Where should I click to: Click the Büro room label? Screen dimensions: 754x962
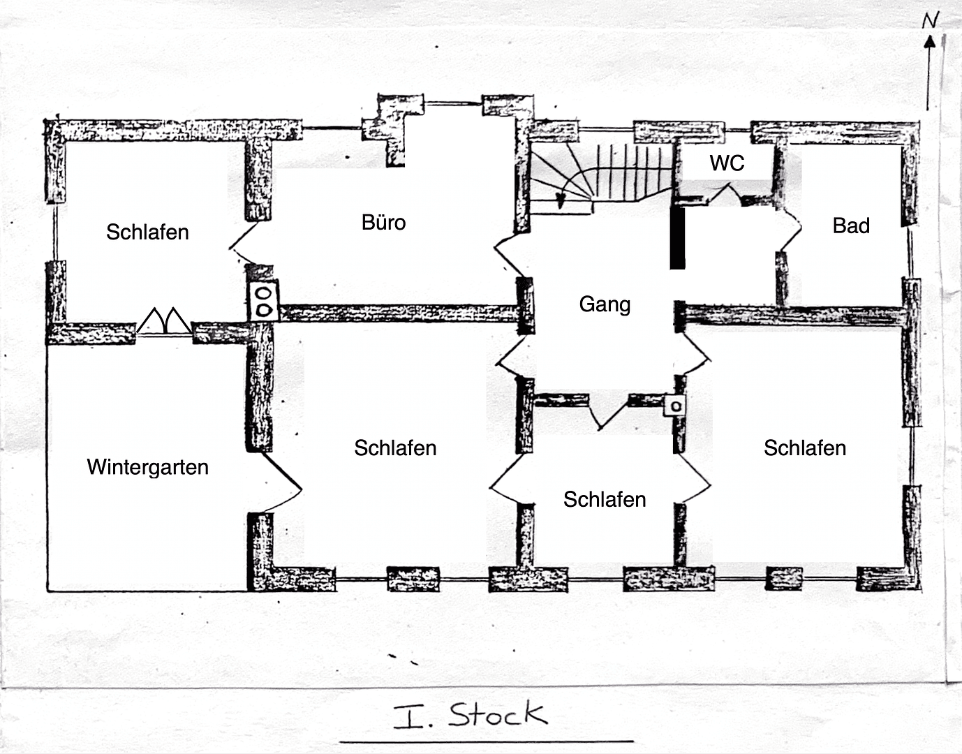click(383, 223)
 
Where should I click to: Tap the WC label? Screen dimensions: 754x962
click(727, 163)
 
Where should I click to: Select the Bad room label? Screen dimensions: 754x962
click(851, 226)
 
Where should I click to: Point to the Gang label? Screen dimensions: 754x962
click(605, 304)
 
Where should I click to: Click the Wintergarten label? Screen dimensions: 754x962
click(147, 467)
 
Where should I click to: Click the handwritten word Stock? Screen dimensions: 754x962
click(497, 715)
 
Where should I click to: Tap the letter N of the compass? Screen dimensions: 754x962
click(930, 21)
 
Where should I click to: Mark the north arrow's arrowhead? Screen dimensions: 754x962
click(929, 42)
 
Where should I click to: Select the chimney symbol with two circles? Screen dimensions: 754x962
click(264, 301)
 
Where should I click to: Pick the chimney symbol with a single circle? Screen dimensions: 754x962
click(675, 405)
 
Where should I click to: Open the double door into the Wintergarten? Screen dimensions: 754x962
click(163, 323)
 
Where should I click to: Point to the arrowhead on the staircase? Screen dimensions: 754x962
click(559, 201)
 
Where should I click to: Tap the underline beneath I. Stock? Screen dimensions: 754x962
click(487, 741)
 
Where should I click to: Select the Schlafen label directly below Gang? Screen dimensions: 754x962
click(605, 500)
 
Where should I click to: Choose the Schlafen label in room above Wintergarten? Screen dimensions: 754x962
click(147, 232)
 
